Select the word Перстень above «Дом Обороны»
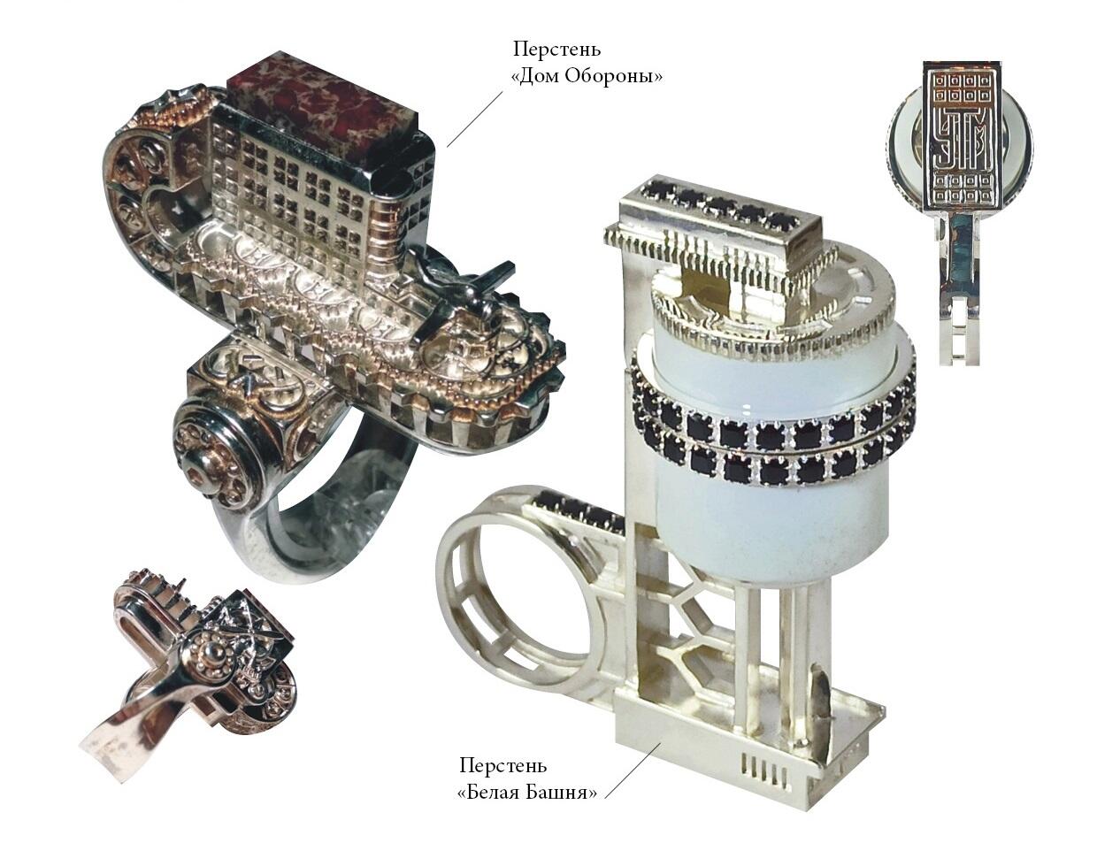click(557, 50)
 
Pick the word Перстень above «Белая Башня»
click(503, 780)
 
